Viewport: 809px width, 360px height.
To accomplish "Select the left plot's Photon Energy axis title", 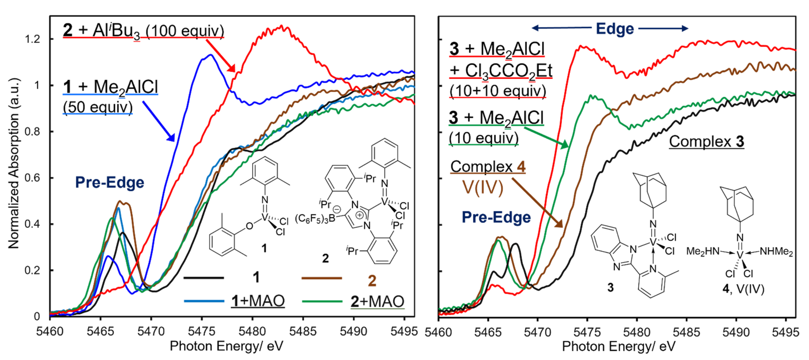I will (x=226, y=346).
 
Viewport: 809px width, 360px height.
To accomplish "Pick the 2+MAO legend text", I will (x=377, y=301).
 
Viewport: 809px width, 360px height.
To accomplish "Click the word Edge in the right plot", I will (x=615, y=29).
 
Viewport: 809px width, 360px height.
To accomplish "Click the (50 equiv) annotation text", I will (x=98, y=107).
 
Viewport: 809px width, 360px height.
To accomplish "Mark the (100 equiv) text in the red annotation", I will (x=185, y=31).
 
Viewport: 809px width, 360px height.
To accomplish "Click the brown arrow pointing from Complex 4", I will (x=537, y=203).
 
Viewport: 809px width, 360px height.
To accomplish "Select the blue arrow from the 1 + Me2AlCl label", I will (x=159, y=121).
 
